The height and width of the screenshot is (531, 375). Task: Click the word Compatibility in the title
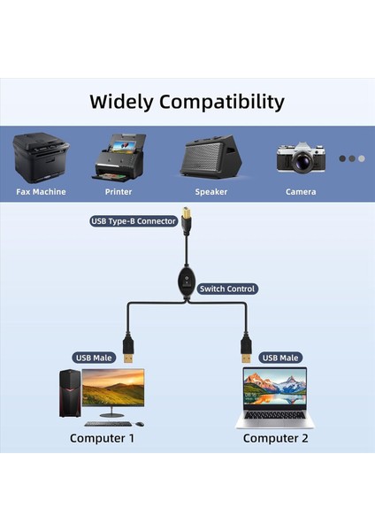point(222,102)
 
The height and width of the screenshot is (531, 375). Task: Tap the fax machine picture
point(42,156)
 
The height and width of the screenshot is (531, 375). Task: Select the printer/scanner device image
point(118,157)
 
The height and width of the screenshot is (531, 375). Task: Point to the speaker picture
point(210,158)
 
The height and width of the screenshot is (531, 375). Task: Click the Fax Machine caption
point(41,191)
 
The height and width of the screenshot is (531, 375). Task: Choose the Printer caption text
point(118,191)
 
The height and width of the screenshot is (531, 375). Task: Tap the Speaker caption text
point(211,191)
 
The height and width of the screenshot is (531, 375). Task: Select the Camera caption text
point(301,191)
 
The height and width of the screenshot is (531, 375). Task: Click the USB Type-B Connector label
point(133,221)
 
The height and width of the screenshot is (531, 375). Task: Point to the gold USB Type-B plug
point(187,217)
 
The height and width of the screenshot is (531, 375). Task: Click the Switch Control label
point(227,289)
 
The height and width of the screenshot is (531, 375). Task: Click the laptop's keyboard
point(274,413)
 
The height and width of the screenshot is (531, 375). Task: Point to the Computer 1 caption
point(103,437)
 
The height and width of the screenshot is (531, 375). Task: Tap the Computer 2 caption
point(275,437)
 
